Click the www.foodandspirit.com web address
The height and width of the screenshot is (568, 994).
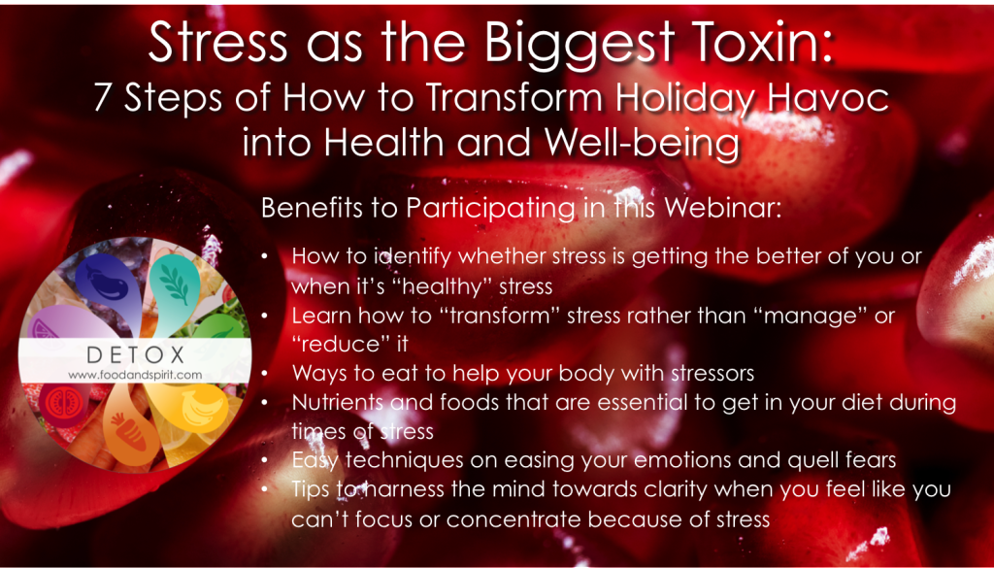click(135, 375)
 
